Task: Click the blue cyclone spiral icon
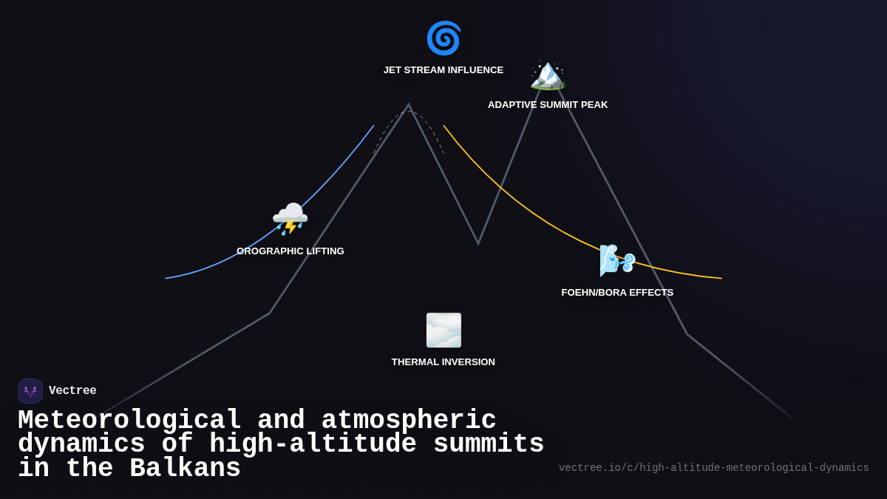(x=443, y=38)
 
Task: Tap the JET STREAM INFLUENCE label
(x=443, y=70)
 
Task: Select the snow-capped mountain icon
(x=548, y=75)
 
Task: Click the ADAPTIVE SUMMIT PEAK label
(x=548, y=105)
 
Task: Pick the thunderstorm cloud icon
(x=290, y=219)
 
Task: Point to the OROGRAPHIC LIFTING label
(x=290, y=251)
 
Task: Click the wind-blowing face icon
(x=617, y=259)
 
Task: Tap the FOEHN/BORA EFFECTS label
(x=617, y=293)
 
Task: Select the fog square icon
(x=443, y=330)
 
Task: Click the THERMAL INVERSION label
(x=443, y=362)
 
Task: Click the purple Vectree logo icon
(x=30, y=391)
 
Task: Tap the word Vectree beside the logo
(x=72, y=391)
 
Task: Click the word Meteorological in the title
(x=129, y=421)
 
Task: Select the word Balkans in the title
(x=185, y=469)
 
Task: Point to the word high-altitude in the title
(x=313, y=444)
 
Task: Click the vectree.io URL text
(x=713, y=468)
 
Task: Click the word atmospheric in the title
(x=409, y=421)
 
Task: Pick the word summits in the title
(x=489, y=444)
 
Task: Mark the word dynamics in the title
(x=81, y=444)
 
